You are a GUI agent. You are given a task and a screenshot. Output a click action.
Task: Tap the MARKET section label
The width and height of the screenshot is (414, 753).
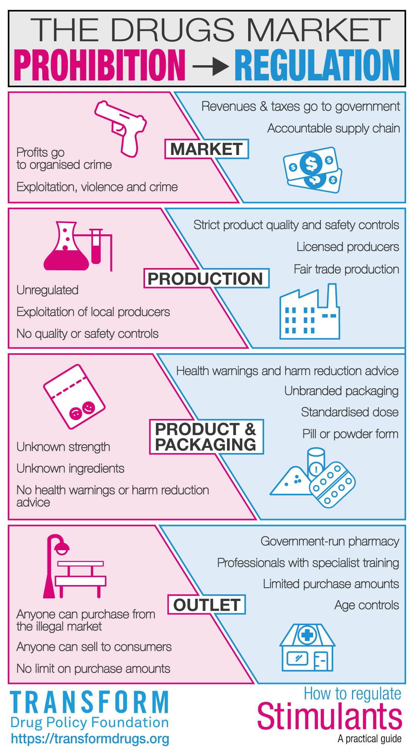[x=207, y=149]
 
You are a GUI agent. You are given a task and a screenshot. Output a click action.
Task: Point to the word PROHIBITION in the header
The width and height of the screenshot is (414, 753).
[x=99, y=65]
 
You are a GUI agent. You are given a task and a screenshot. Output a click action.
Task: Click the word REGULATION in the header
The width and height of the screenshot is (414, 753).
[x=318, y=65]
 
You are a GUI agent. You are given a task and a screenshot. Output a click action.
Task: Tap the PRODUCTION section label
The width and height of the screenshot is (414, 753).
[x=206, y=278]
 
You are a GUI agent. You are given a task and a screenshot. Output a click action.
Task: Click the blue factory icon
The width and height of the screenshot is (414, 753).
[x=309, y=311]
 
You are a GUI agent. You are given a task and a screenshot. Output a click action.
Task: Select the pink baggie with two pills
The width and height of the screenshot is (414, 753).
[x=74, y=396]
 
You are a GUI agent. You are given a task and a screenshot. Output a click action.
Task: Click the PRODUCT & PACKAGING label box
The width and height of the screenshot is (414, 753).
[x=206, y=437]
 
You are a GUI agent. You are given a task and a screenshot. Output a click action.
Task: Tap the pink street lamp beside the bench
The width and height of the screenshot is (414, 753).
[x=55, y=566]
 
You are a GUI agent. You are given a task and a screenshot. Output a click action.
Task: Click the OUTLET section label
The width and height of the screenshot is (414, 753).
[x=207, y=605]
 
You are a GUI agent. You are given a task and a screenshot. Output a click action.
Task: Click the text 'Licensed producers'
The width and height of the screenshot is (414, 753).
[x=348, y=247]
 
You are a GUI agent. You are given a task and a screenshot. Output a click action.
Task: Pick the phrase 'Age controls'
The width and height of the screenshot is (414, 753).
[x=367, y=605]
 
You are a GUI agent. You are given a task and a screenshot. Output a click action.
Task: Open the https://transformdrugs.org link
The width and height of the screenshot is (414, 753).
[x=90, y=739]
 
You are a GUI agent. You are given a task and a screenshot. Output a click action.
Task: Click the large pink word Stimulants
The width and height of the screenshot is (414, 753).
[x=330, y=716]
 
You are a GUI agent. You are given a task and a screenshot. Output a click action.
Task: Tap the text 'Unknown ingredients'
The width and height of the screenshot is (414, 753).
[x=70, y=469]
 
